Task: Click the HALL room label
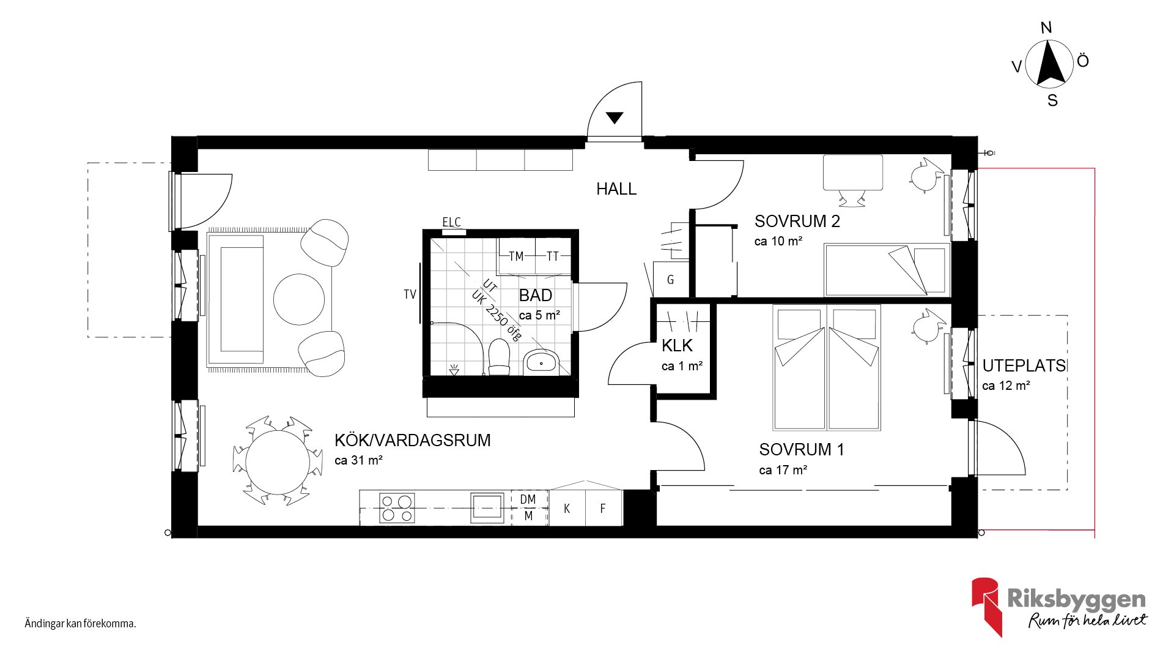pos(616,189)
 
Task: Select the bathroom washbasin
pos(541,362)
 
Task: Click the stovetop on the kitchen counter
pos(397,509)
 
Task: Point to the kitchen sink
pos(487,508)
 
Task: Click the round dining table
pos(278,461)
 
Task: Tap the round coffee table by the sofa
pos(299,299)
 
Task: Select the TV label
pos(410,294)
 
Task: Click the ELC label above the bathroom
pos(451,222)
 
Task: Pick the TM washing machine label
pos(516,256)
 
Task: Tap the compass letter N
pos(1046,28)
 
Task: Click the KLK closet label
pos(677,346)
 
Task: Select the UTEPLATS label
pos(1024,366)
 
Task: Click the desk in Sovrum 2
pos(853,173)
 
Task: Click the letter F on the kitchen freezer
pos(603,509)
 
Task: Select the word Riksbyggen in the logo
pos(1077,599)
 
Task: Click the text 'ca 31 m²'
pos(358,460)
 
